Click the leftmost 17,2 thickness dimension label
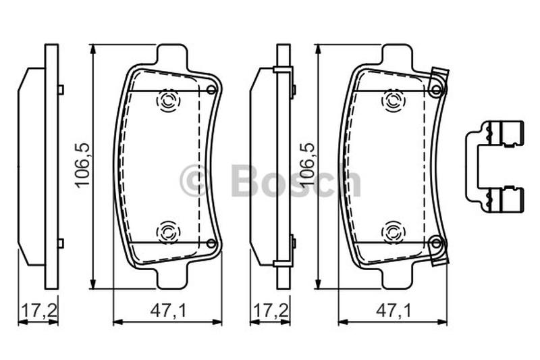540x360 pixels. (x=38, y=311)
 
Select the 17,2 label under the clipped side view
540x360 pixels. (x=271, y=311)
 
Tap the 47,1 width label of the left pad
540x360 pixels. (x=168, y=311)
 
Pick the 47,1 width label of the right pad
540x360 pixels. (x=394, y=311)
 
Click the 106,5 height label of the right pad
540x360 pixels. (x=308, y=165)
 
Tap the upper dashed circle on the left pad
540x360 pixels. (x=168, y=101)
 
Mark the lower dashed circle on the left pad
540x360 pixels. (x=168, y=232)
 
